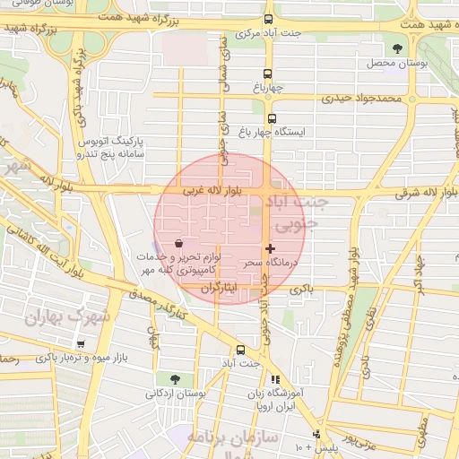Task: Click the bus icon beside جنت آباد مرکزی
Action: click(268, 19)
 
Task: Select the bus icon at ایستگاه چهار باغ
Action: click(273, 117)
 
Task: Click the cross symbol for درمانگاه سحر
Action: click(271, 247)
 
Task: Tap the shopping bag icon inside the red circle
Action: click(179, 243)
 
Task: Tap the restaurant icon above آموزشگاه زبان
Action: click(275, 379)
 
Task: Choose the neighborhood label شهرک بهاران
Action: click(67, 316)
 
